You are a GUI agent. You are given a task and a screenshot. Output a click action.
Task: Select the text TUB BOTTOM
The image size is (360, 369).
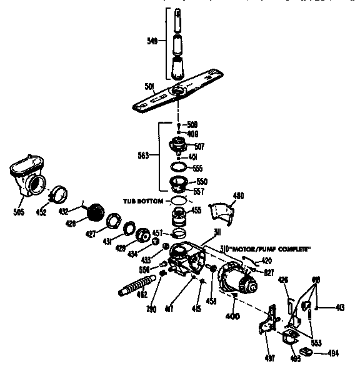[x=144, y=202]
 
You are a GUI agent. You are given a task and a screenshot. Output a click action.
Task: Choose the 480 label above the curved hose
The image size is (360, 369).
[x=237, y=195]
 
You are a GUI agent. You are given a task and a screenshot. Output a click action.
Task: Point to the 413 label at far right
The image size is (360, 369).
[x=339, y=307]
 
